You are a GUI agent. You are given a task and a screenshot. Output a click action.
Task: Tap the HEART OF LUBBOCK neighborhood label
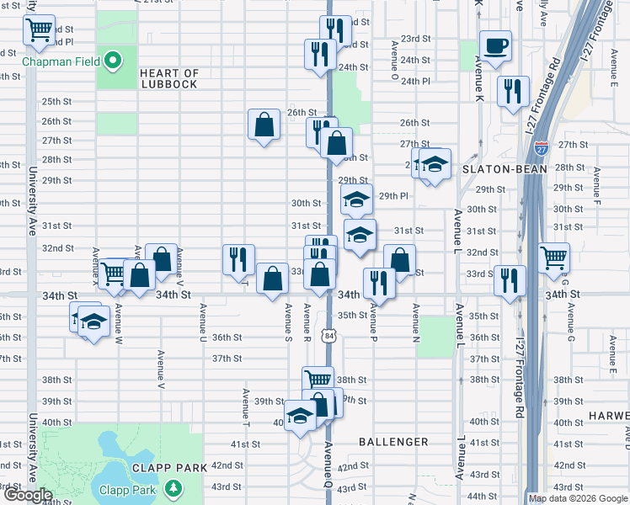tap(168, 79)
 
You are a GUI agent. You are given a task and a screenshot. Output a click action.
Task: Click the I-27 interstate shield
tap(541, 148)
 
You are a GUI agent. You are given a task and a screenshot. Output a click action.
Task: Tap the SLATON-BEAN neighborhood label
tap(505, 169)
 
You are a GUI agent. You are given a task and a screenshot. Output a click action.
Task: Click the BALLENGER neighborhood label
tap(393, 441)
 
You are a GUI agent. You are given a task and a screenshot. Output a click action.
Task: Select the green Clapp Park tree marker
tap(173, 488)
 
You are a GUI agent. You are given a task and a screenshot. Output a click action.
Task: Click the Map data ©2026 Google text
tap(578, 498)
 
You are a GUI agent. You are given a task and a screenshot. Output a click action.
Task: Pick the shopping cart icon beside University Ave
tap(39, 30)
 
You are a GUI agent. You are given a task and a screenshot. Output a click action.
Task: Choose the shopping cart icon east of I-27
tap(553, 257)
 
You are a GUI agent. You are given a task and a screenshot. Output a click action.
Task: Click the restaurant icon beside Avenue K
tap(512, 90)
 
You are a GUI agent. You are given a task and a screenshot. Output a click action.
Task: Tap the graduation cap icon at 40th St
tap(300, 416)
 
